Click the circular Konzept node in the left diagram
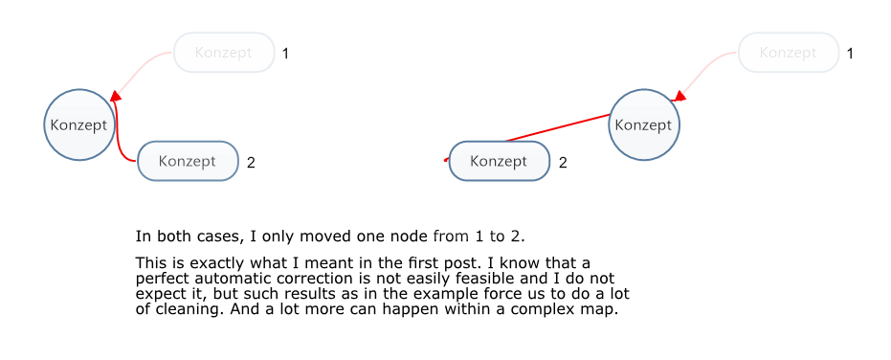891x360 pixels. (x=79, y=124)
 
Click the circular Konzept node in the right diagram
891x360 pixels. (x=644, y=124)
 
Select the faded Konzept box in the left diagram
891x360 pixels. (x=224, y=53)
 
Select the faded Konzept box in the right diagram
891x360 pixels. (x=789, y=53)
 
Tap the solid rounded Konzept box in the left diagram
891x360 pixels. (x=188, y=161)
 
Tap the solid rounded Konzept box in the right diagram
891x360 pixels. (x=500, y=161)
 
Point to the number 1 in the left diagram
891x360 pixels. (x=285, y=54)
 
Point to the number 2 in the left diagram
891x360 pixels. (x=251, y=163)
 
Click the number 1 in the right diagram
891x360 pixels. (x=850, y=54)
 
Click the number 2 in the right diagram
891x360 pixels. (x=563, y=163)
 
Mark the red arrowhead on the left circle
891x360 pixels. (x=116, y=96)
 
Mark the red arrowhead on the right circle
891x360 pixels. (x=679, y=96)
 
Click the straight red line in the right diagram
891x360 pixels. (x=557, y=127)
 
